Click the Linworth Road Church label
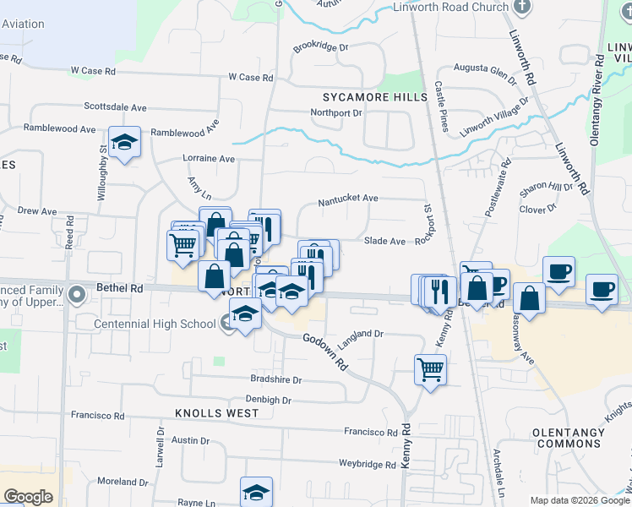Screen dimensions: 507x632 click(451, 7)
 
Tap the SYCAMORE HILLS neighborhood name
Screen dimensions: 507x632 click(375, 97)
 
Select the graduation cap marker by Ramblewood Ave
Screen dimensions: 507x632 click(124, 143)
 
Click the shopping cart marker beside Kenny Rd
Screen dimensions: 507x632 click(430, 368)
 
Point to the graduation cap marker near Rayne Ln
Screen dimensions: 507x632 click(257, 492)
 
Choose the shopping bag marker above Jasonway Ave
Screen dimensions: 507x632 click(529, 298)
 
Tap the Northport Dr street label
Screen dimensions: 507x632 click(335, 113)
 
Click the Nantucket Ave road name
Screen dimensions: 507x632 click(347, 200)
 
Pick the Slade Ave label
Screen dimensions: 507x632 click(384, 241)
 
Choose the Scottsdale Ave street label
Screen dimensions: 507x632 click(115, 107)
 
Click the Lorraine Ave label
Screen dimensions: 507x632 click(209, 158)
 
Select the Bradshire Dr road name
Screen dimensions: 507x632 click(275, 379)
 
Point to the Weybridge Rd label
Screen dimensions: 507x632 click(367, 465)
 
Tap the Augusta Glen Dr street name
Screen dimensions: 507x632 click(484, 73)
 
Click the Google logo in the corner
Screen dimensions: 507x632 click(28, 497)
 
